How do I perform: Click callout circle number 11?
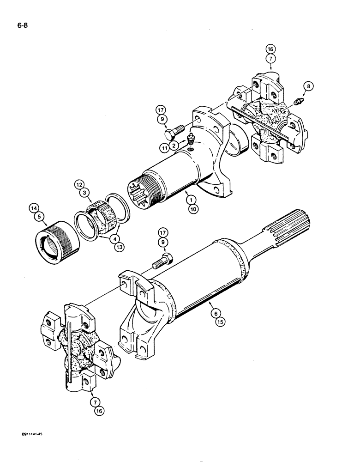(x=164, y=148)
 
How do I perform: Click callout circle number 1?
(x=189, y=200)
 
